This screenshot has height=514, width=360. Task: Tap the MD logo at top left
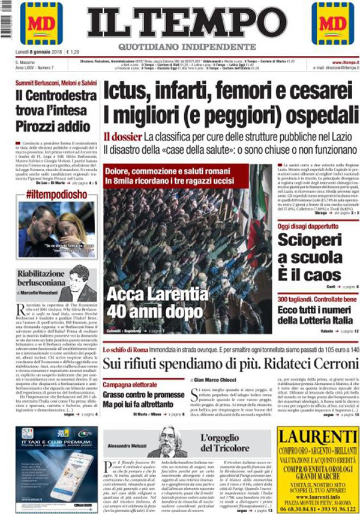click(x=41, y=23)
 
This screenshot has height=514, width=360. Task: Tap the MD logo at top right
click(x=332, y=23)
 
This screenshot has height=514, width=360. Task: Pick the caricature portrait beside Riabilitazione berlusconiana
click(x=81, y=282)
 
